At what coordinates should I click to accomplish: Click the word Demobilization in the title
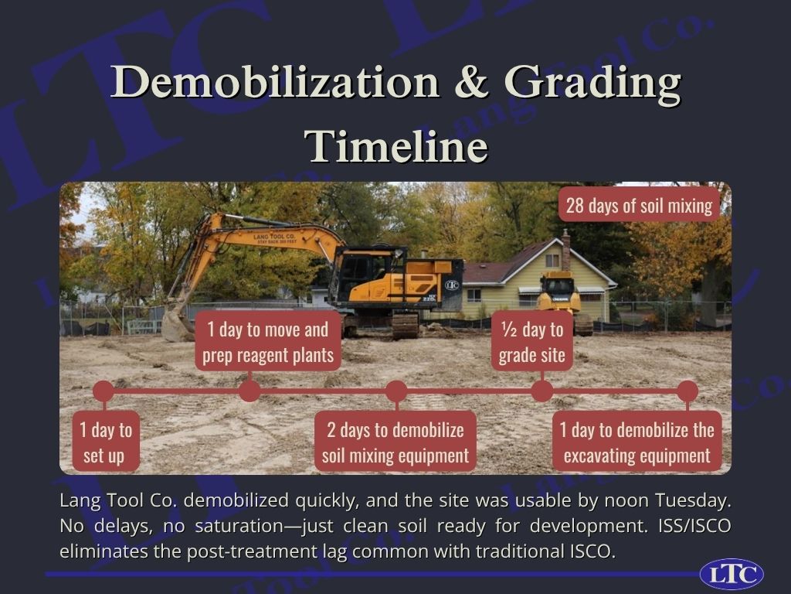coord(275,82)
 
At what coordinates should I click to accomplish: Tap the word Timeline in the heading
coord(396,146)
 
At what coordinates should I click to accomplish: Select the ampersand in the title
coord(471,82)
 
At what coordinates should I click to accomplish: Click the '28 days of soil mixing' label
coord(639,206)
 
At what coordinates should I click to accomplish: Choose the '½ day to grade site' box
coord(531,342)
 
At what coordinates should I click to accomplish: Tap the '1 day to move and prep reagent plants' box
coord(268,342)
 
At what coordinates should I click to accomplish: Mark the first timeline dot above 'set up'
coord(104,391)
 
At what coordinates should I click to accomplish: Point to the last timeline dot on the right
coord(687,391)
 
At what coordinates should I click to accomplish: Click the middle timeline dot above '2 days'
coord(396,391)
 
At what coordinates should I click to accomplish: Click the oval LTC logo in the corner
coord(732,575)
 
